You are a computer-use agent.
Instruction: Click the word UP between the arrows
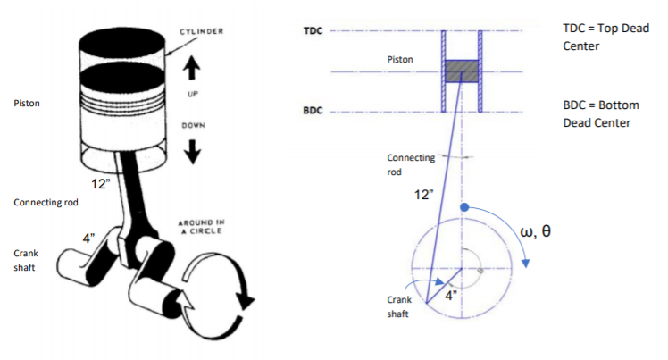tap(192, 94)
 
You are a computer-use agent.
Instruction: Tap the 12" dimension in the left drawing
tap(100, 184)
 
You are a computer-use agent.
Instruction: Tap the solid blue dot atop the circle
tap(463, 207)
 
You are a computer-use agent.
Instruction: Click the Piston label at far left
tap(27, 104)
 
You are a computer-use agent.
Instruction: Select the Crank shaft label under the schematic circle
tap(399, 307)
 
